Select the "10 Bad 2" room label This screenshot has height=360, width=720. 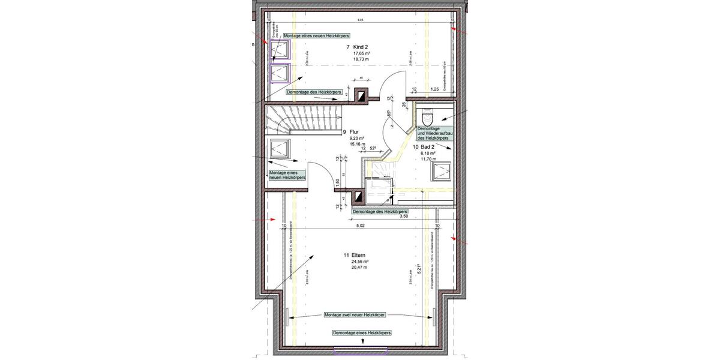tap(424, 146)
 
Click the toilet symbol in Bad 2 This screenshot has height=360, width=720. tap(427, 115)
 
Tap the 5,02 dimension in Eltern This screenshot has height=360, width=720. tap(361, 226)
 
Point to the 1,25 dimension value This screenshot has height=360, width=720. tap(435, 89)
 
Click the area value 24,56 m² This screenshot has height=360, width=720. tap(360, 262)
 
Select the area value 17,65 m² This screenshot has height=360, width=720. tap(361, 53)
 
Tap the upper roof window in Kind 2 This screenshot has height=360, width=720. tap(280, 51)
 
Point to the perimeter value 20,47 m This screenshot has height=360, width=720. tap(359, 267)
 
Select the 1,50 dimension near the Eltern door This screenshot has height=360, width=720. tap(338, 181)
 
